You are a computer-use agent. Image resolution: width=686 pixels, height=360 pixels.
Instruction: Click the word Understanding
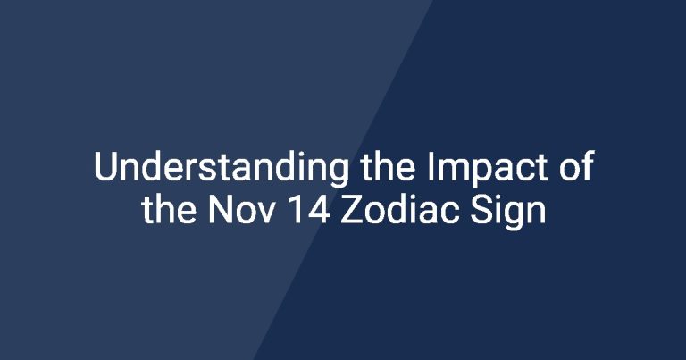click(222, 169)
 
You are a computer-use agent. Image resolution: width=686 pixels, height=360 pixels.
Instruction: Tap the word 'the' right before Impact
click(389, 166)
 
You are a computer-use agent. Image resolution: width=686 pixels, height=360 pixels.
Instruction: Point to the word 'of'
click(576, 166)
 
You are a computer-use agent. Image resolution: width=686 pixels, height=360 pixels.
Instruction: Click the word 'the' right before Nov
click(169, 209)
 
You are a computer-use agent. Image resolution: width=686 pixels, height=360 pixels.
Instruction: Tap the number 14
click(310, 210)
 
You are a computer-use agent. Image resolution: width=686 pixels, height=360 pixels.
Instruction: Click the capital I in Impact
click(430, 167)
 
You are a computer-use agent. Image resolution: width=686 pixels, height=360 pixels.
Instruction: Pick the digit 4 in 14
click(320, 210)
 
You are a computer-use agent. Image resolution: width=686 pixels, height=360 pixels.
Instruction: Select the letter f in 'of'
click(587, 166)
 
